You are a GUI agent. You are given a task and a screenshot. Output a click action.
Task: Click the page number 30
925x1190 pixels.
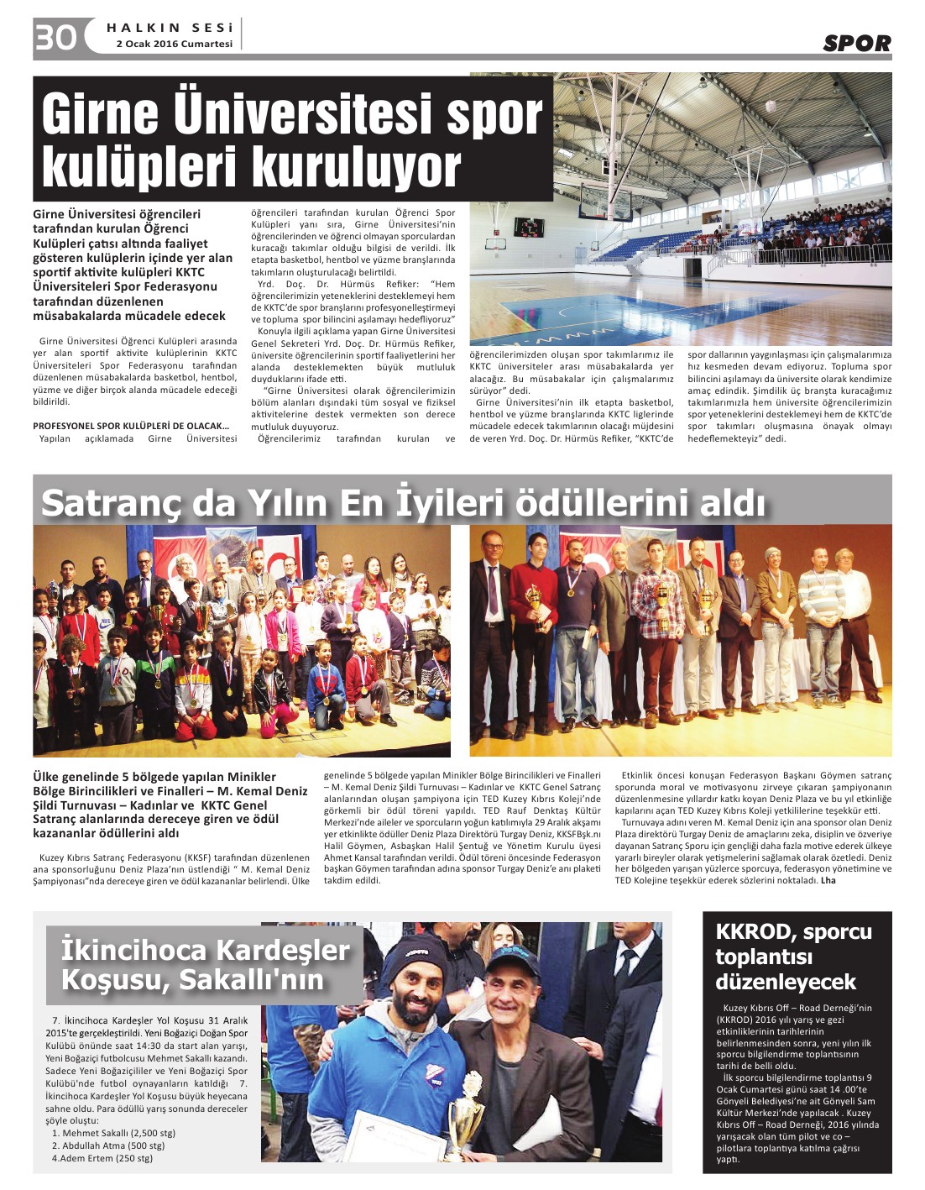pyautogui.click(x=55, y=38)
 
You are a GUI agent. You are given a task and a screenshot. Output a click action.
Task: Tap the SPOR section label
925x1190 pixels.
pyautogui.click(x=856, y=43)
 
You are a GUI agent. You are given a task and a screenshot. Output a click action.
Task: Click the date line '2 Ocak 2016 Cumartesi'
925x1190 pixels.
pyautogui.click(x=175, y=44)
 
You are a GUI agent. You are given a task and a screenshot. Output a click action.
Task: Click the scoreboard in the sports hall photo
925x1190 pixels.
pyautogui.click(x=528, y=227)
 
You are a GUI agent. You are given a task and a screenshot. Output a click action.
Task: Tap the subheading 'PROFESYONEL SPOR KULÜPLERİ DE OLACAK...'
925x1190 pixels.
pyautogui.click(x=131, y=426)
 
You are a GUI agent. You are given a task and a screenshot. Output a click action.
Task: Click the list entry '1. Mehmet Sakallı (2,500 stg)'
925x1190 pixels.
pyautogui.click(x=113, y=1133)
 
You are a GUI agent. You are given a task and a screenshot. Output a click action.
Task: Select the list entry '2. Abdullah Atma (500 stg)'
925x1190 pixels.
pyautogui.click(x=108, y=1145)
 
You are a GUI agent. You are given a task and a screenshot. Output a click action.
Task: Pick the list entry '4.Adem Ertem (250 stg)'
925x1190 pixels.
pyautogui.click(x=102, y=1158)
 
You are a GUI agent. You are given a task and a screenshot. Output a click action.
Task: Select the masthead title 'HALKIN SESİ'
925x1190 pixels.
pyautogui.click(x=170, y=28)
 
